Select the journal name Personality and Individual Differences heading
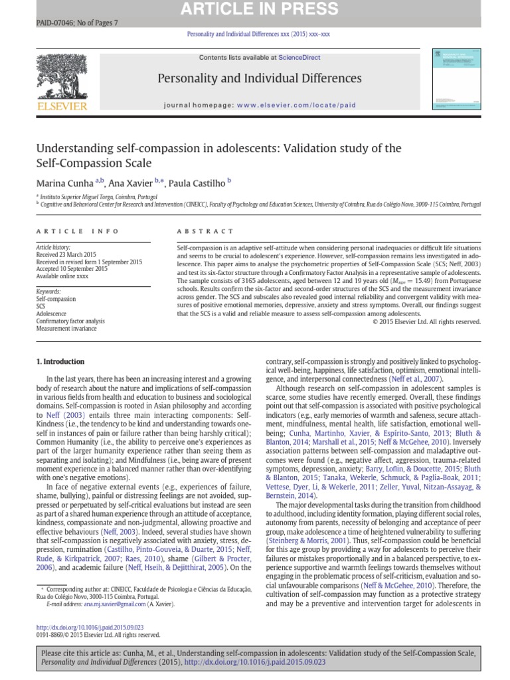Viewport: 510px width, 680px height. pyautogui.click(x=260, y=79)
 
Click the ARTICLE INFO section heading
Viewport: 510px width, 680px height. pyautogui.click(x=77, y=231)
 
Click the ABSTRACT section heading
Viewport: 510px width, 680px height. pyautogui.click(x=205, y=231)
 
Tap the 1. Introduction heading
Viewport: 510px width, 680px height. pyautogui.click(x=60, y=362)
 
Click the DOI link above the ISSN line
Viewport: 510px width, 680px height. pyautogui.click(x=89, y=627)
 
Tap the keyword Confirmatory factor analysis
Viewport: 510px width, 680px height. pyautogui.click(x=69, y=321)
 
